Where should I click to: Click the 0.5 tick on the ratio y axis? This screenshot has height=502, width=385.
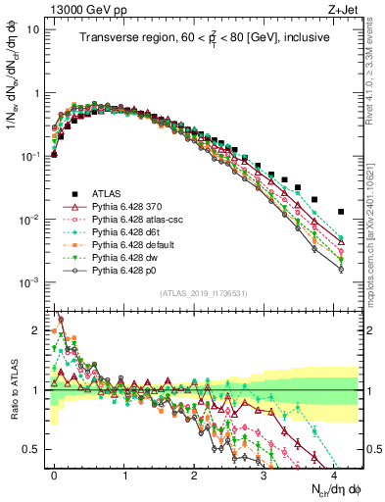[31, 449]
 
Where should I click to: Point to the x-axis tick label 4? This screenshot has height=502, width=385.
[334, 474]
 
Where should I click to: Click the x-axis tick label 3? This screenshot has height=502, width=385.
[264, 474]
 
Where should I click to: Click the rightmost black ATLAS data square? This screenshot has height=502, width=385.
[341, 211]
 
